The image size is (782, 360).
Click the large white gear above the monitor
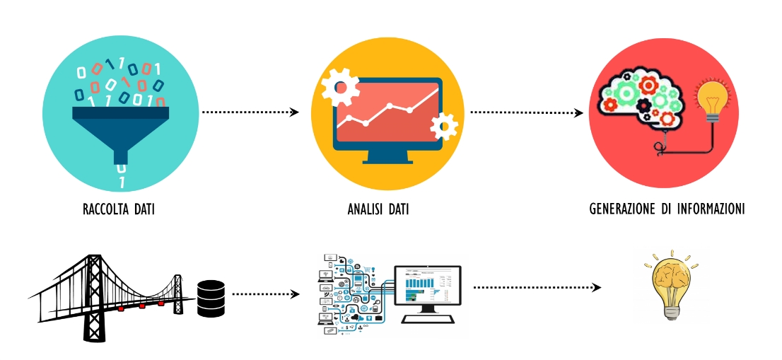[x=340, y=87]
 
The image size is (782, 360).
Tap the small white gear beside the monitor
[x=444, y=127]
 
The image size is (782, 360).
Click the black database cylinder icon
[x=211, y=298]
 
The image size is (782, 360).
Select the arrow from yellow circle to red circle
[x=527, y=112]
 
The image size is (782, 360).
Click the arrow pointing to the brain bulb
[x=537, y=287]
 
